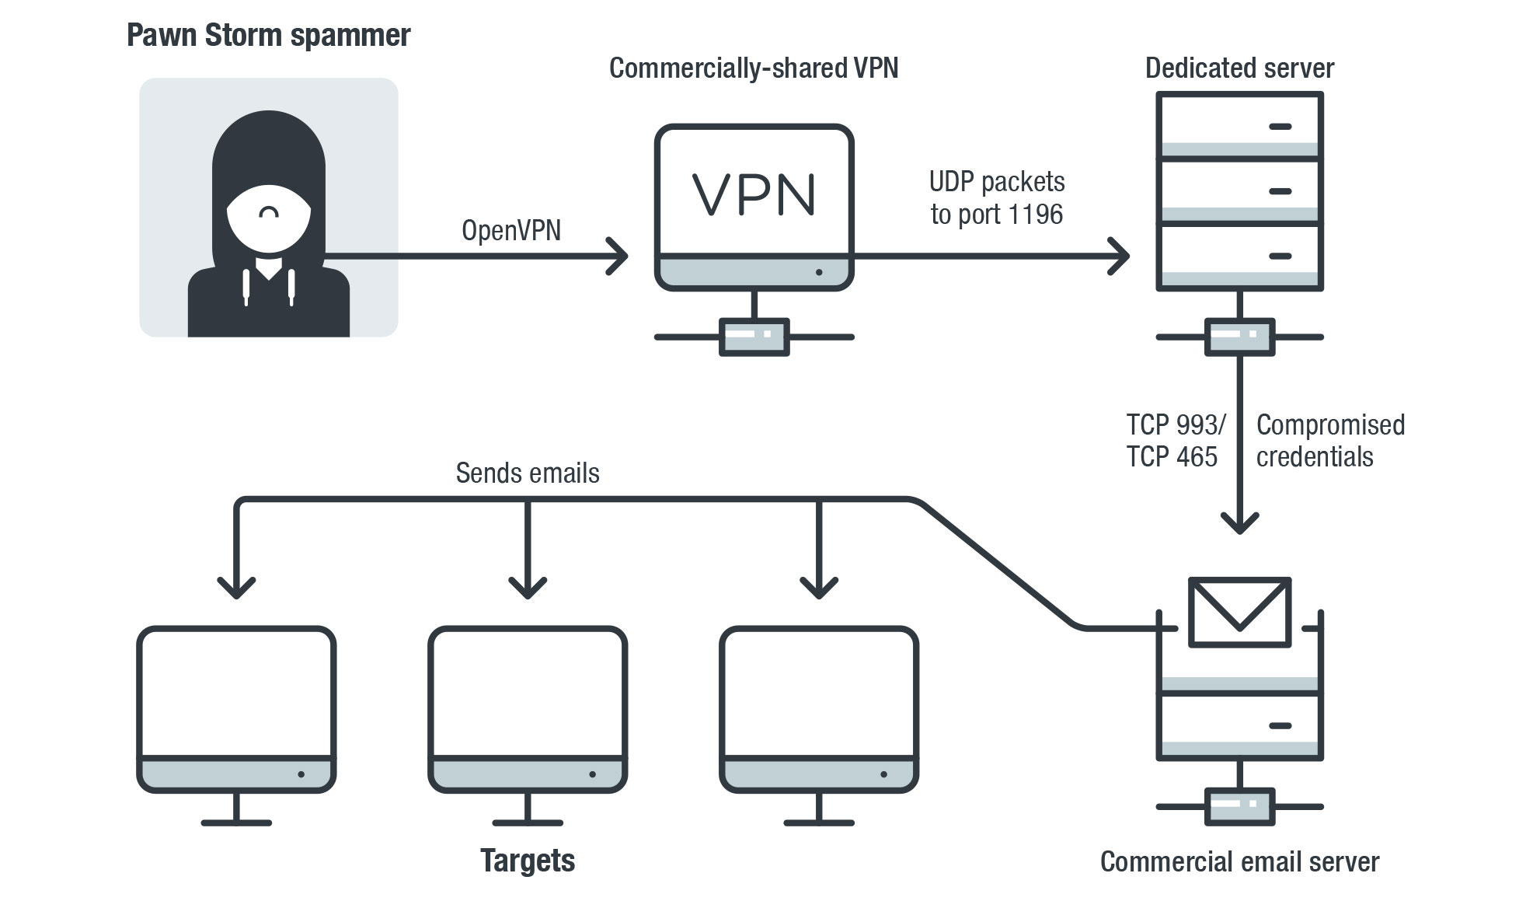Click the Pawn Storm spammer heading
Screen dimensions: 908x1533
[x=268, y=36]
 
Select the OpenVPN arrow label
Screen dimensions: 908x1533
[x=510, y=231]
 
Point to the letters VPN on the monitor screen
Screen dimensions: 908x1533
[x=754, y=194]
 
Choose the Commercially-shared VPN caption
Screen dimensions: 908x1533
[x=753, y=68]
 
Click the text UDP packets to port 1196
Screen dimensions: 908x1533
[x=997, y=197]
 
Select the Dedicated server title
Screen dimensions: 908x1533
[x=1239, y=68]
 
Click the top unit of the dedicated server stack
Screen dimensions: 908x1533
[x=1239, y=125]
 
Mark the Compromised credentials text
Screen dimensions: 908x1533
[x=1329, y=440]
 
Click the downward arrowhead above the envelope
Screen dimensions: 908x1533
[x=1239, y=522]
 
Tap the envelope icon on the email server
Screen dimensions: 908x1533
[x=1239, y=611]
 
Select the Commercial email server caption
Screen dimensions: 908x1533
[x=1239, y=861]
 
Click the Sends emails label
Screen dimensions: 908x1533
[x=527, y=473]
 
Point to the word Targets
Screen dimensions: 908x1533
[x=527, y=861]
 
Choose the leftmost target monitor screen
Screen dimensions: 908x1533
[x=236, y=691]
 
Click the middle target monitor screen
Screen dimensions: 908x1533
[x=528, y=691]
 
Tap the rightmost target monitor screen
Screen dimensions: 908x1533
[x=819, y=691]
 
